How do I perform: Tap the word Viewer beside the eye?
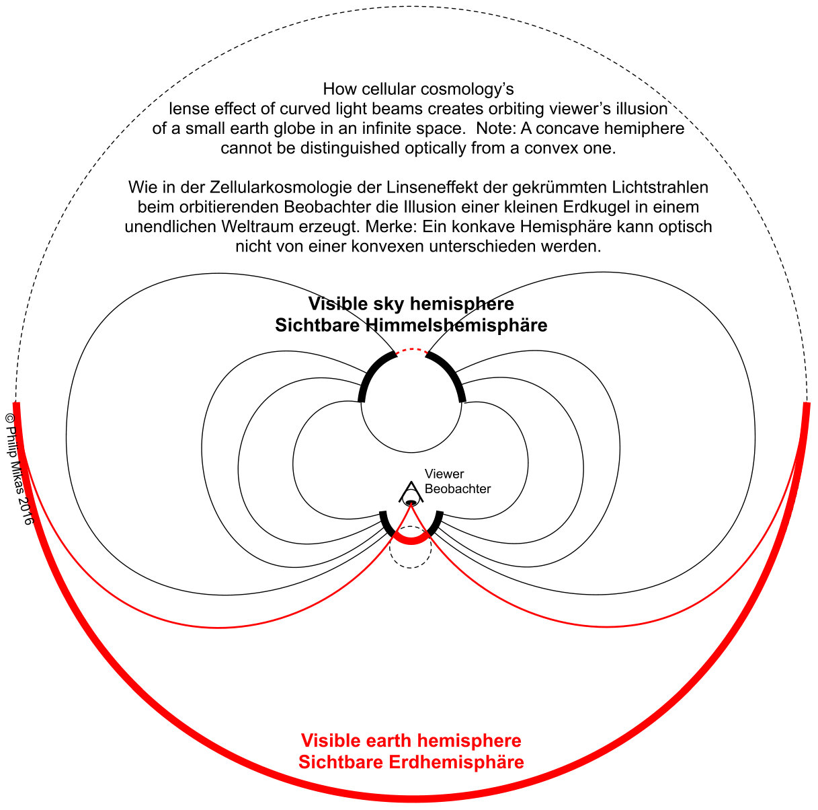(x=444, y=474)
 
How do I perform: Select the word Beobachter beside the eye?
(x=457, y=488)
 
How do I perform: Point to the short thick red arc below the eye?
(x=411, y=541)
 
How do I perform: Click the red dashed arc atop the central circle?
(x=411, y=349)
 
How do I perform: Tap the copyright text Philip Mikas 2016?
(x=19, y=469)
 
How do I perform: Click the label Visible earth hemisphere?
(x=411, y=740)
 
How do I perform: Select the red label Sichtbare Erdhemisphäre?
(x=411, y=762)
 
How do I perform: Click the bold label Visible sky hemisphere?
(x=411, y=304)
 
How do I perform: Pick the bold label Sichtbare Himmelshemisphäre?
(x=411, y=326)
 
